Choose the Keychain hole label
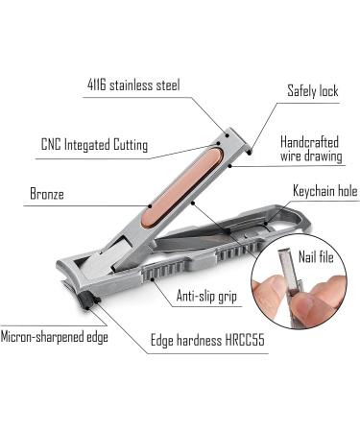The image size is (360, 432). [321, 191]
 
